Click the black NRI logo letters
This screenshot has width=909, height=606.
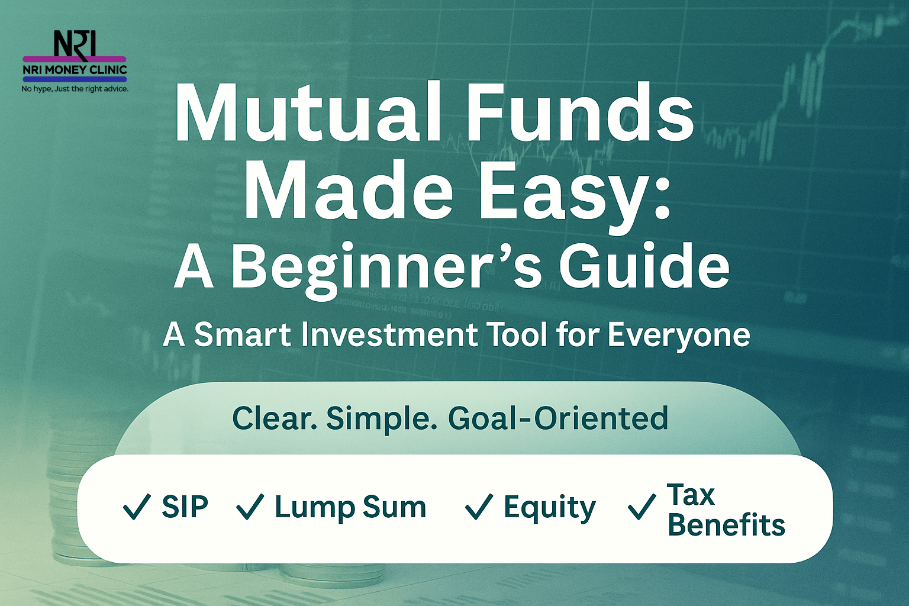coord(75,44)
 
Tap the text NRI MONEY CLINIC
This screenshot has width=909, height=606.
coord(75,70)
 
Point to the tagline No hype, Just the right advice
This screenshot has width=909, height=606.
coord(75,89)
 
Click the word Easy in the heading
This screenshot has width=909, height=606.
coord(559,195)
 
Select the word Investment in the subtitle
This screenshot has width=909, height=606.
coord(389,335)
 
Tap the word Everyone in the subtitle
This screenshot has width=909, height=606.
coord(678,337)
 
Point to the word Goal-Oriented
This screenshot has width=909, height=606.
coord(557,418)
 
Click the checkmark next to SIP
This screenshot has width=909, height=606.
coord(137,507)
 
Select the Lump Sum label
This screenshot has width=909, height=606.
coord(350,508)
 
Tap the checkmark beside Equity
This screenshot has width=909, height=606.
coord(479,507)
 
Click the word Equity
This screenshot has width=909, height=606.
coord(549,508)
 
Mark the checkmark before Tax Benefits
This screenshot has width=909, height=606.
coord(642,507)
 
